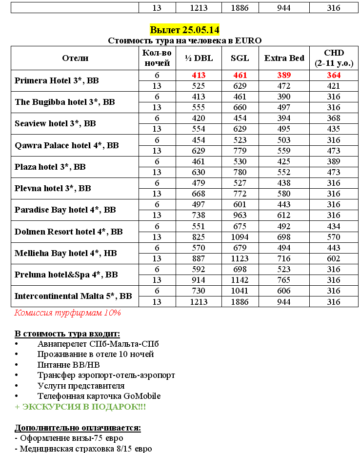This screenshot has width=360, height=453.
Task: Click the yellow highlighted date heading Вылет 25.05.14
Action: (x=184, y=30)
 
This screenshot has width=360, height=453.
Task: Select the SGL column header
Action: (x=240, y=58)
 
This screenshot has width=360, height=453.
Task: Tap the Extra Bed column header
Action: (x=284, y=58)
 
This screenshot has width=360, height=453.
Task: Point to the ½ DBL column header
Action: (x=199, y=58)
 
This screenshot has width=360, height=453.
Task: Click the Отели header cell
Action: (x=75, y=58)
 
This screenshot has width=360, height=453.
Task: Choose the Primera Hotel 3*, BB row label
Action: (x=57, y=80)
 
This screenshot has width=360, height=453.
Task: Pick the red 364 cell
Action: (x=334, y=75)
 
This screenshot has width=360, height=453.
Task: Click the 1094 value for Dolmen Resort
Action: (x=240, y=237)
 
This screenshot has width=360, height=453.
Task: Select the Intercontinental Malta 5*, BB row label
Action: (x=73, y=296)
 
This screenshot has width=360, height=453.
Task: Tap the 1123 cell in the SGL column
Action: (x=240, y=258)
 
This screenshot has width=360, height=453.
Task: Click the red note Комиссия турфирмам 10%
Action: (x=68, y=313)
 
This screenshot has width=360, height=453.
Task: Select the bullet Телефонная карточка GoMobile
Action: (x=99, y=396)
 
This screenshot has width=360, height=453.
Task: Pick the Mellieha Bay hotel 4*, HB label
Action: (x=66, y=253)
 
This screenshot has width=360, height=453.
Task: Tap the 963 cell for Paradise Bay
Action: (x=240, y=215)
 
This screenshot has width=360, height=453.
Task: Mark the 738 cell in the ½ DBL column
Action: (x=199, y=215)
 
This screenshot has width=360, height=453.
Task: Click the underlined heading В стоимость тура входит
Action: (x=67, y=334)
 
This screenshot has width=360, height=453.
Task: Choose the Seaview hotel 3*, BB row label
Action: (x=55, y=123)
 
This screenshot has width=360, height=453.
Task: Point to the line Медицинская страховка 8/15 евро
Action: (x=83, y=449)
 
